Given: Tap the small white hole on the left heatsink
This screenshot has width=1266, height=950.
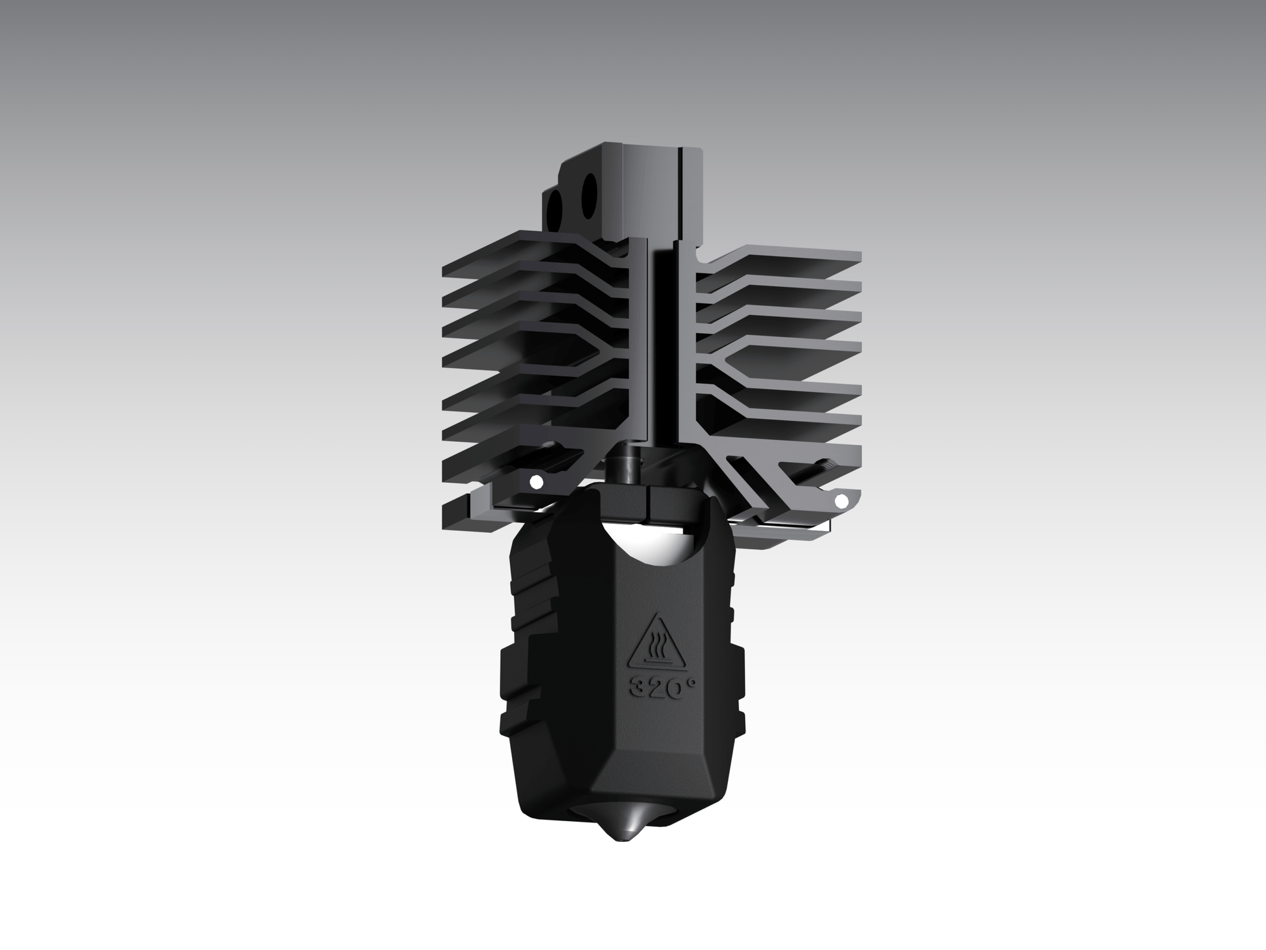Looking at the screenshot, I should [536, 482].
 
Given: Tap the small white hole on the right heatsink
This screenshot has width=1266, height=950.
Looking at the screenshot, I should [841, 500].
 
